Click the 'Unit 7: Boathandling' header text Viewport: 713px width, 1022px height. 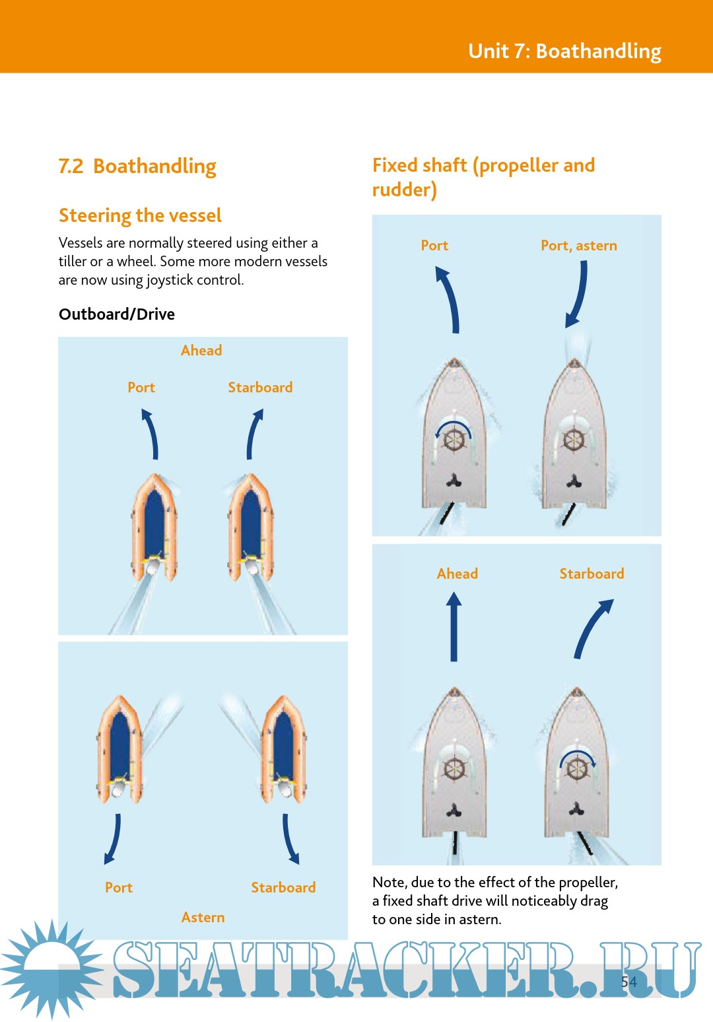[x=564, y=51]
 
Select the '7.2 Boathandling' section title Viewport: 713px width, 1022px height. [x=137, y=166]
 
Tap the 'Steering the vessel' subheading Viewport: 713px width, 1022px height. [x=140, y=215]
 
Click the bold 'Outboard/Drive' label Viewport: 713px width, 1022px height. [x=117, y=314]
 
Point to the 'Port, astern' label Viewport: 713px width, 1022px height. [x=579, y=246]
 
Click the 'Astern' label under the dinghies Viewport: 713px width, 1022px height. [x=203, y=917]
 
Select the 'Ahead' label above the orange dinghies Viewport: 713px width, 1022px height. [x=201, y=350]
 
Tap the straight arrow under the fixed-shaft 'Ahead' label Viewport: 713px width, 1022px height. [x=454, y=626]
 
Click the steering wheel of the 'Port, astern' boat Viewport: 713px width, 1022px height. [x=574, y=440]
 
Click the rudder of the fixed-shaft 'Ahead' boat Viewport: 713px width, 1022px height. [x=455, y=849]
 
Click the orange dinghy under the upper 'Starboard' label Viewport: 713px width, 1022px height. [x=251, y=527]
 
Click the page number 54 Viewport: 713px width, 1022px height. [x=628, y=982]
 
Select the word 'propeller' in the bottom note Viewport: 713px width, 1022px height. [x=588, y=883]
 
